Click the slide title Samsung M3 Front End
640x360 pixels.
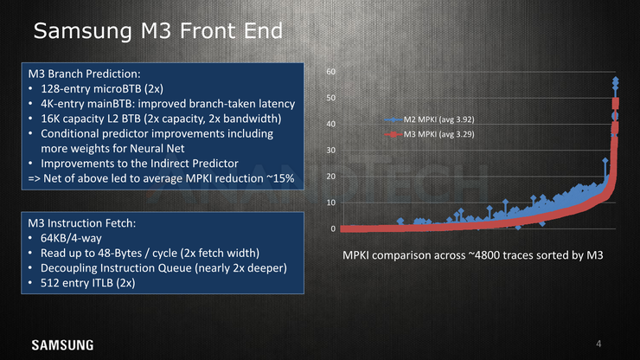pos(158,30)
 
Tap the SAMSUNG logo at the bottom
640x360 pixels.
pos(62,345)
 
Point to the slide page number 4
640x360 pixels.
pos(598,344)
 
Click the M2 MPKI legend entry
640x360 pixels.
pos(429,119)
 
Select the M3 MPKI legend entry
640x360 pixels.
pos(429,134)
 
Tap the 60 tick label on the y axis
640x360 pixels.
pos(330,72)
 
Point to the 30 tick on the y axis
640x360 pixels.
pos(330,150)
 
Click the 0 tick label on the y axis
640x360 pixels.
pos(333,228)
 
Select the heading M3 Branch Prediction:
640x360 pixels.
pos(84,74)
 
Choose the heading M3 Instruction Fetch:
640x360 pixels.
pos(81,223)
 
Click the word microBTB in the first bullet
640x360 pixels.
pos(115,89)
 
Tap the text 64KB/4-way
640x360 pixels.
pos(71,238)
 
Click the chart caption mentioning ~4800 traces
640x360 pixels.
pos(473,255)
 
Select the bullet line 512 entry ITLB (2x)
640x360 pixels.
pos(87,283)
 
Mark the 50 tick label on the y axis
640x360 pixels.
pos(330,98)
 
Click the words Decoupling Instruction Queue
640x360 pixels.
pos(116,268)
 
